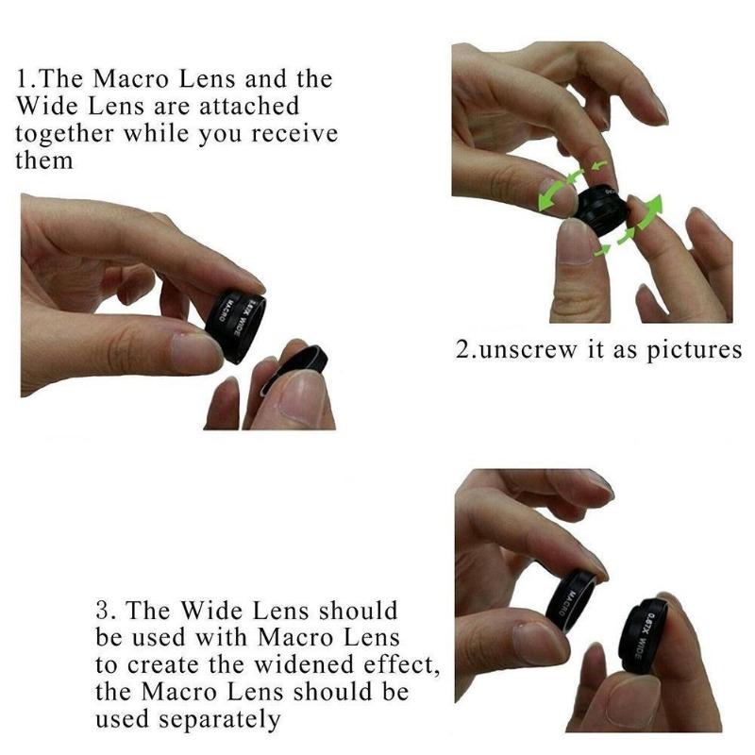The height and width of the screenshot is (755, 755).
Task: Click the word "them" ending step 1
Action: tap(43, 159)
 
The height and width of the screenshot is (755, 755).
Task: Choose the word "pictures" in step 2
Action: tap(694, 350)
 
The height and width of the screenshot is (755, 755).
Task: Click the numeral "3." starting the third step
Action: tap(108, 610)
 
